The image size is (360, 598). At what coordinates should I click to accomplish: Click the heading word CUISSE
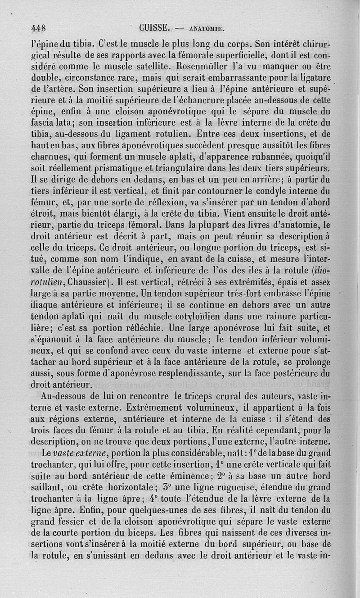[154, 27]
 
